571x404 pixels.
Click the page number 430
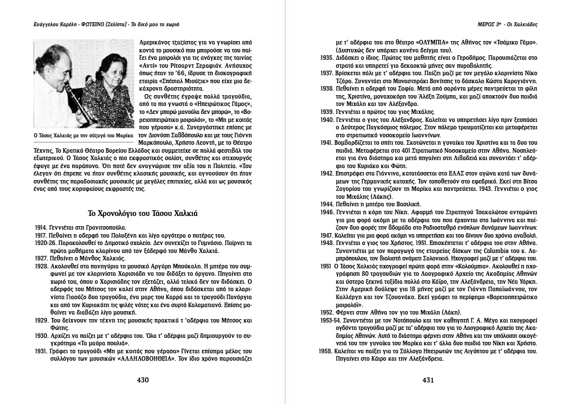coord(142,379)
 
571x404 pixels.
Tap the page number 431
coord(428,379)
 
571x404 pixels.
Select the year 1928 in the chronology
coord(40,266)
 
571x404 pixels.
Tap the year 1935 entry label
coord(327,58)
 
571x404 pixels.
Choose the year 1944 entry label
coord(327,203)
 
